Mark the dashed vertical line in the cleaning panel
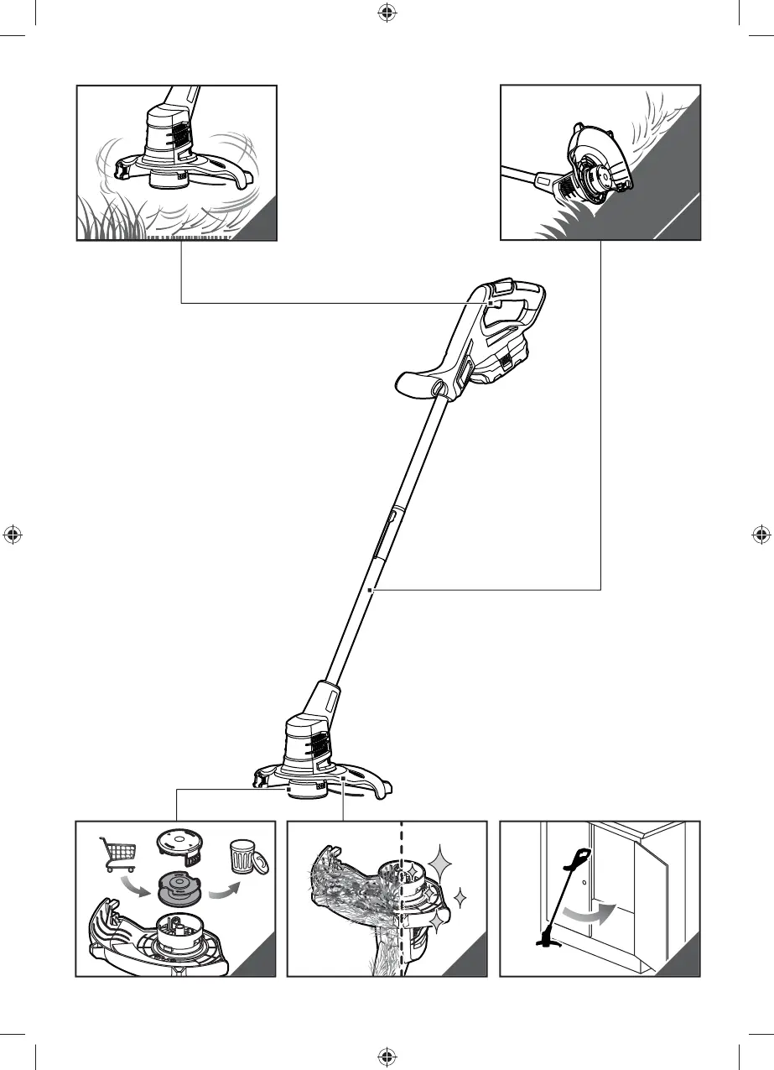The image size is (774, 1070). [x=403, y=906]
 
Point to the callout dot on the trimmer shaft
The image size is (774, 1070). [x=370, y=590]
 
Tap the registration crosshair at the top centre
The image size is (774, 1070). [x=387, y=13]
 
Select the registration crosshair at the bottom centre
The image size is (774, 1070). [x=387, y=1056]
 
